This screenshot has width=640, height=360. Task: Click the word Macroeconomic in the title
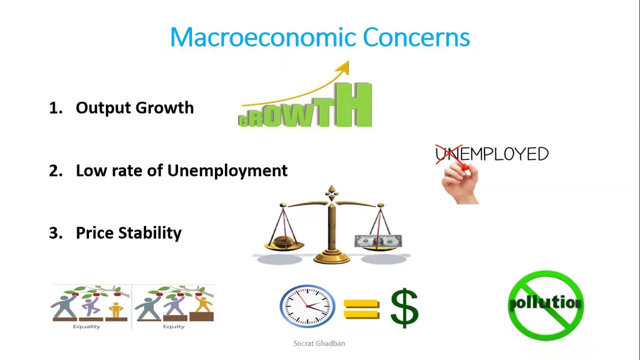262,37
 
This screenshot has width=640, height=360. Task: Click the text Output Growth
134,108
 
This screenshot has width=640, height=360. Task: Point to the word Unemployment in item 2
227,170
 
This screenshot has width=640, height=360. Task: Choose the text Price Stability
128,233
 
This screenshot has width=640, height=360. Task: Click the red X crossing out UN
448,154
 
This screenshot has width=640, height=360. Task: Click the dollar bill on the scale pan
378,241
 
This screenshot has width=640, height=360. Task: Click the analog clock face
307,306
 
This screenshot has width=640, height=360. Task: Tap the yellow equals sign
361,308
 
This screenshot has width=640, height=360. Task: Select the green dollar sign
404,307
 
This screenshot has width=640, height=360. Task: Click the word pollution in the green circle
545,303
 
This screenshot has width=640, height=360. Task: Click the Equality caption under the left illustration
87,326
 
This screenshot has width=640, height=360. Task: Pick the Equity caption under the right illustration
173,326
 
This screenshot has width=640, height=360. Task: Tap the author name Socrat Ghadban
319,343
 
